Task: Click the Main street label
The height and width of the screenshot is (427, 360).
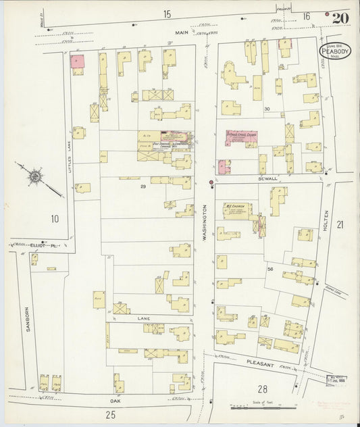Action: [x=181, y=31]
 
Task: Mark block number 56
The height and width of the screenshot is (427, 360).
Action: [x=269, y=269]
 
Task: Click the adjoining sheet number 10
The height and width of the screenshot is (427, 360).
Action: [x=54, y=218]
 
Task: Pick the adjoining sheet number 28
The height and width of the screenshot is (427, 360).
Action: [x=262, y=388]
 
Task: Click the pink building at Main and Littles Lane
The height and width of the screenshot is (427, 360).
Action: [x=77, y=61]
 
